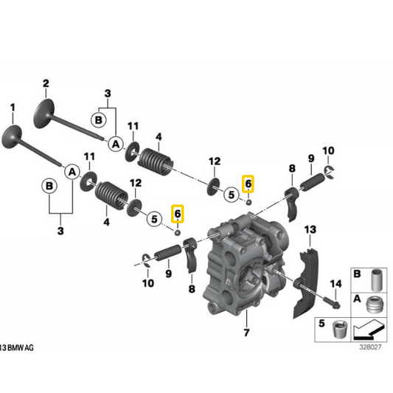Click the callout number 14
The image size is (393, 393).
click(335, 284)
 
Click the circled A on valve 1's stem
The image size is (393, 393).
click(72, 171)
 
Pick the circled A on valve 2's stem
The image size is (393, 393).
click(115, 145)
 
